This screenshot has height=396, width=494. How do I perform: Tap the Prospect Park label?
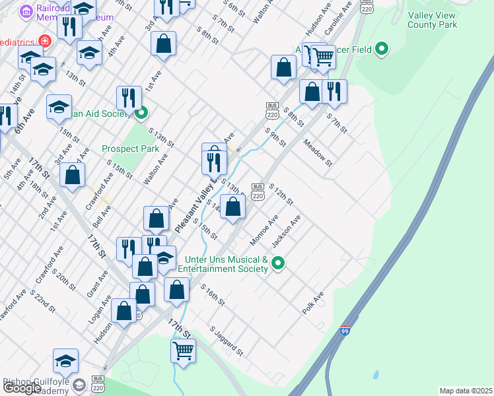tap(131, 148)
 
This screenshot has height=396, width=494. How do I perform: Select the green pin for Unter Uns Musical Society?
tap(278, 263)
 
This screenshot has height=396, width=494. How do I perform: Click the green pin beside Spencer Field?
tap(381, 49)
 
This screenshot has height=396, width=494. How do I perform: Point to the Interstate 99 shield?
tap(345, 331)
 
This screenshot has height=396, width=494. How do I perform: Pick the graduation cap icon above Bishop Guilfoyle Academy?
tap(65, 360)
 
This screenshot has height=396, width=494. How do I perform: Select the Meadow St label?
tap(318, 153)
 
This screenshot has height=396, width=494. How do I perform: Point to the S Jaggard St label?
tap(227, 340)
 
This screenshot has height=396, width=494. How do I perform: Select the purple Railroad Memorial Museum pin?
tap(27, 12)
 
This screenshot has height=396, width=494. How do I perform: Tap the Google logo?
tap(22, 388)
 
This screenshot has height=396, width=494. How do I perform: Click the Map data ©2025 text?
tap(466, 391)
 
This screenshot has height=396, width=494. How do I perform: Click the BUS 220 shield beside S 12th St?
tap(258, 191)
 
